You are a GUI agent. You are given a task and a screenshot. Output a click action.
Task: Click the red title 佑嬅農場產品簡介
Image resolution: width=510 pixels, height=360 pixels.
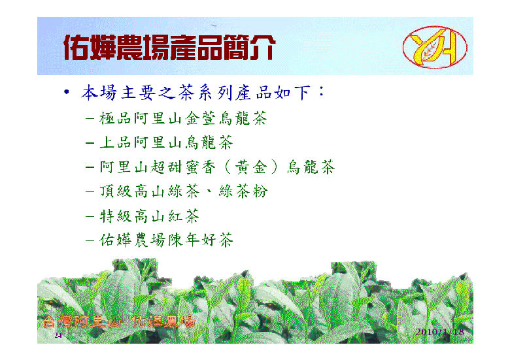pyautogui.click(x=169, y=48)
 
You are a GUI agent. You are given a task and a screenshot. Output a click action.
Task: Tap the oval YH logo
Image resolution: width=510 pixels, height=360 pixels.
pyautogui.click(x=435, y=47)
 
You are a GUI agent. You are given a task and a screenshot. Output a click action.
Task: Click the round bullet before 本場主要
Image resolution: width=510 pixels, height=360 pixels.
pyautogui.click(x=67, y=92)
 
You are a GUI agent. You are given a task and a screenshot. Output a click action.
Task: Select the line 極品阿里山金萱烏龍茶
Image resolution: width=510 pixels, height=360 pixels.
pyautogui.click(x=183, y=118)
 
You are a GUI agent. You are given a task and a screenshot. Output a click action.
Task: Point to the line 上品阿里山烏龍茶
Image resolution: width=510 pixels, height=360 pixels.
pyautogui.click(x=166, y=142)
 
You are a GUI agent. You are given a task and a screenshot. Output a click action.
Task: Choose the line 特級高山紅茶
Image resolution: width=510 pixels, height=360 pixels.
pyautogui.click(x=149, y=216)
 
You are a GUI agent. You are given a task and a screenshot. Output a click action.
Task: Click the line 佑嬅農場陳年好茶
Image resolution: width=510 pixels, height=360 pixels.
pyautogui.click(x=166, y=240)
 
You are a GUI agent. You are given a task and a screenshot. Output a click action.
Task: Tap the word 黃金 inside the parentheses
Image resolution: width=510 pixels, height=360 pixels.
pyautogui.click(x=251, y=167)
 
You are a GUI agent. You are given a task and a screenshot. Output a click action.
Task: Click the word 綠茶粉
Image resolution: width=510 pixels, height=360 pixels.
pyautogui.click(x=243, y=191)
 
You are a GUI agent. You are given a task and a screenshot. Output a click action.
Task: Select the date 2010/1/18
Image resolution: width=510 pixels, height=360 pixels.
pyautogui.click(x=440, y=332)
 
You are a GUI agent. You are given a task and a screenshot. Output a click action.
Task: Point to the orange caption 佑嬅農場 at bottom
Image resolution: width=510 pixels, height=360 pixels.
pyautogui.click(x=163, y=321)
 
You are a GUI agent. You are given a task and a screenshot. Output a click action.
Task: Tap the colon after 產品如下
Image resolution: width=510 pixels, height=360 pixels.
pyautogui.click(x=321, y=91)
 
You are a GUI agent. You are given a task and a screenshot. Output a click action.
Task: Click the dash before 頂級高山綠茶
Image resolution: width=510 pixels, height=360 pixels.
pyautogui.click(x=90, y=191)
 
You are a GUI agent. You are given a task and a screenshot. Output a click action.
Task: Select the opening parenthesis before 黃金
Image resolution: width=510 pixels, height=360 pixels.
pyautogui.click(x=228, y=167)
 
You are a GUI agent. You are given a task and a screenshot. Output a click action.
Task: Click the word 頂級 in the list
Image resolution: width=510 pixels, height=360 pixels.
pyautogui.click(x=116, y=191)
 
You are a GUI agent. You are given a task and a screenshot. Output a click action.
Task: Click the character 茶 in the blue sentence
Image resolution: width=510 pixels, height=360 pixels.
pyautogui.click(x=186, y=92)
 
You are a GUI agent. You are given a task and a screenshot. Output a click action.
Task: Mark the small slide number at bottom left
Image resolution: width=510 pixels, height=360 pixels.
pyautogui.click(x=58, y=335)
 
